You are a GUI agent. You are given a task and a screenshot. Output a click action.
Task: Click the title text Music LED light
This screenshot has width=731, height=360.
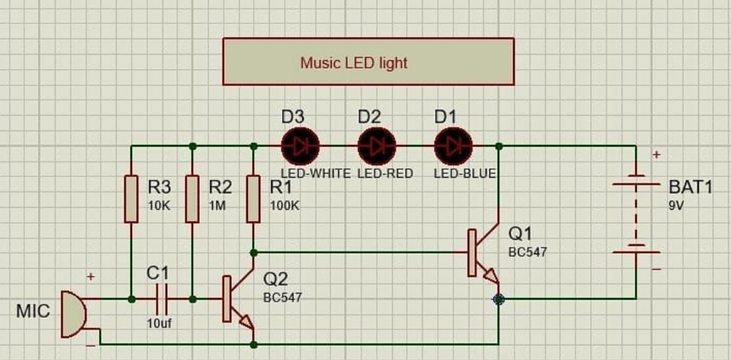point(353,63)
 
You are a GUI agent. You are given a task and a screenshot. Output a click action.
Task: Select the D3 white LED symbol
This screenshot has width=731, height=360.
point(300,146)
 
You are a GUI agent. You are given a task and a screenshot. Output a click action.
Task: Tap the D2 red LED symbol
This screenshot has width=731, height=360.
point(377,146)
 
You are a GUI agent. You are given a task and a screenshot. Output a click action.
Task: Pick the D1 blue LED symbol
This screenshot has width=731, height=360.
point(453,146)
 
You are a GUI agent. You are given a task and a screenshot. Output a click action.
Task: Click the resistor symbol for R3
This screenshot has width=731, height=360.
point(130,198)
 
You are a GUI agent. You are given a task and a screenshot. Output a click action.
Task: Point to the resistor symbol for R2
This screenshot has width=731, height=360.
point(192,198)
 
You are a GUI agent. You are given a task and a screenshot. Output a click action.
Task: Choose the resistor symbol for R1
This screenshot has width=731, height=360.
point(253,198)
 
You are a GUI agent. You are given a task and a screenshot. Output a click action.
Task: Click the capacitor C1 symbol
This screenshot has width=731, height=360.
point(161,299)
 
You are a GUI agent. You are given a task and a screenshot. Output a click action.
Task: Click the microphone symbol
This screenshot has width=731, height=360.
point(72,314)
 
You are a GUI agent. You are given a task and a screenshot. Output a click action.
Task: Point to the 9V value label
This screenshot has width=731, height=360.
point(676,206)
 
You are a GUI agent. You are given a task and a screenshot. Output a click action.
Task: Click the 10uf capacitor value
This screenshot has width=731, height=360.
point(158,324)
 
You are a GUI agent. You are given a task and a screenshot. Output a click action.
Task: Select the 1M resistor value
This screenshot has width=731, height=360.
point(217,206)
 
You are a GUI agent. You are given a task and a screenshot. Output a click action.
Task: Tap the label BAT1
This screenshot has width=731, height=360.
point(689,187)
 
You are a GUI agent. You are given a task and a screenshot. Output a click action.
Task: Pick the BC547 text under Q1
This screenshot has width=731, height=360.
point(527,251)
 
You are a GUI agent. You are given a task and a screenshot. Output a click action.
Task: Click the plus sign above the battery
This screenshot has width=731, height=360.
point(656,154)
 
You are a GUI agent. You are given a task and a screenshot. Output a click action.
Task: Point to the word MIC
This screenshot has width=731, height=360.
point(34,312)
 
